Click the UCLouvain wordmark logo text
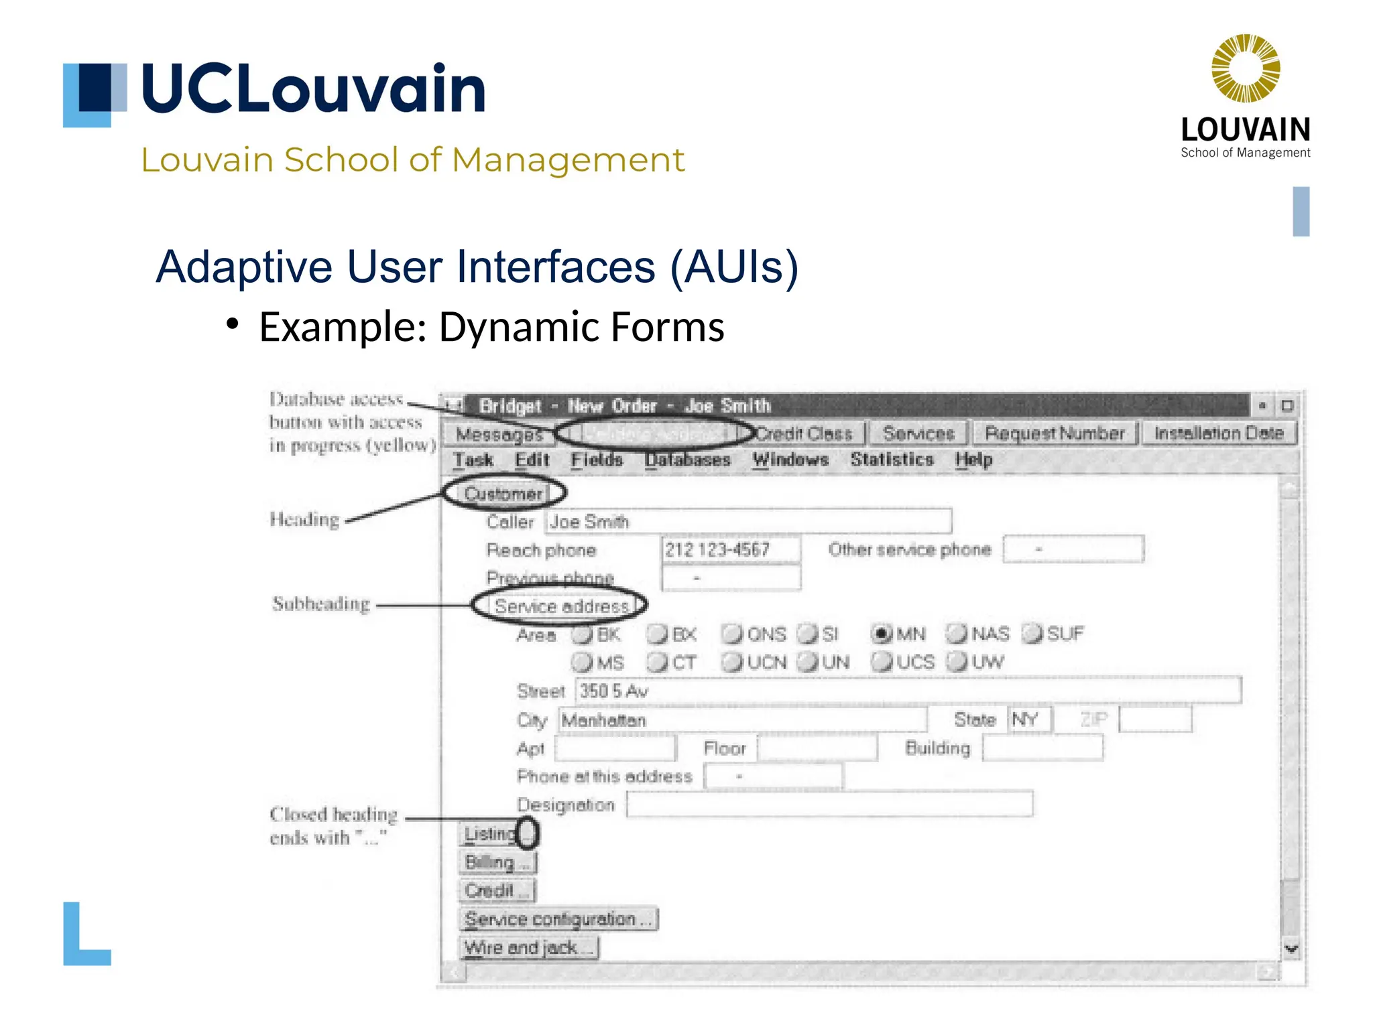(x=313, y=89)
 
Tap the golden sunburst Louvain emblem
(x=1245, y=68)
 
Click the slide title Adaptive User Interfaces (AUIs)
(x=477, y=267)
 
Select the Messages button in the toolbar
(x=499, y=434)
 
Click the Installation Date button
(x=1218, y=433)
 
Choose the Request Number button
(x=1055, y=433)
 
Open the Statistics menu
(x=892, y=460)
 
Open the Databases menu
(x=687, y=460)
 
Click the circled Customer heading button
(x=503, y=494)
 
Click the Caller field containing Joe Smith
(x=748, y=521)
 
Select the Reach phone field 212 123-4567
(x=730, y=549)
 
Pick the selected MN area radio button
(x=882, y=633)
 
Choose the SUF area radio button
(x=1032, y=633)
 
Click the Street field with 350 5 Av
(x=907, y=691)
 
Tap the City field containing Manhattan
(x=741, y=720)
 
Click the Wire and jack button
(x=528, y=947)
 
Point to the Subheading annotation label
(x=320, y=604)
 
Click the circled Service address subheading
(x=560, y=606)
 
